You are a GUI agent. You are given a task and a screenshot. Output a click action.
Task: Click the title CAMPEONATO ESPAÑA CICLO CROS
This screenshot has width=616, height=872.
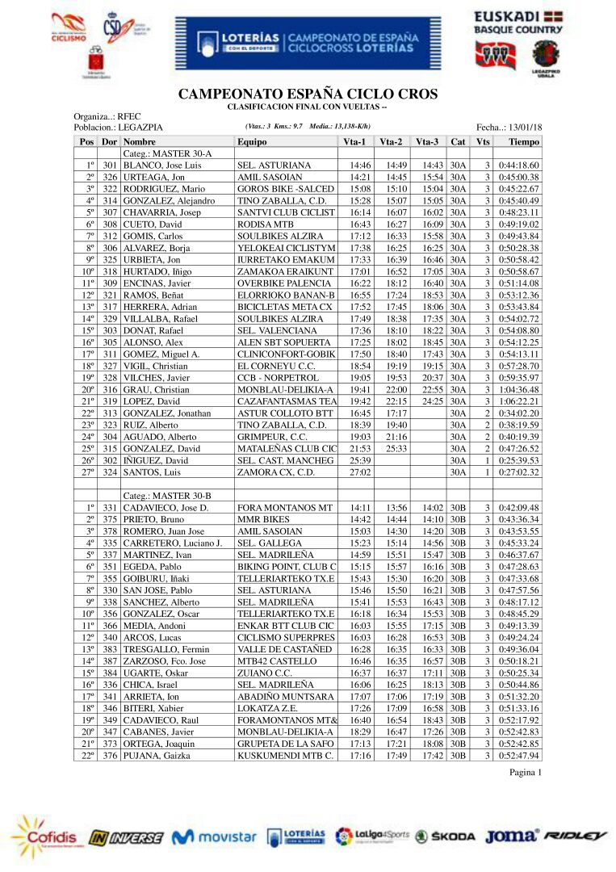(308, 94)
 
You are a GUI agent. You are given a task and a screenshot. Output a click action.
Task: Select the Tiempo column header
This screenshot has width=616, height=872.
(524, 141)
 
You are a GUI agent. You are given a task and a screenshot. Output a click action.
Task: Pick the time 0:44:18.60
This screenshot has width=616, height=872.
(519, 166)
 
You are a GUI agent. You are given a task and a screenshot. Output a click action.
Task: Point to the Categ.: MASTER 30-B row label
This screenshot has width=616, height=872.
(167, 495)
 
